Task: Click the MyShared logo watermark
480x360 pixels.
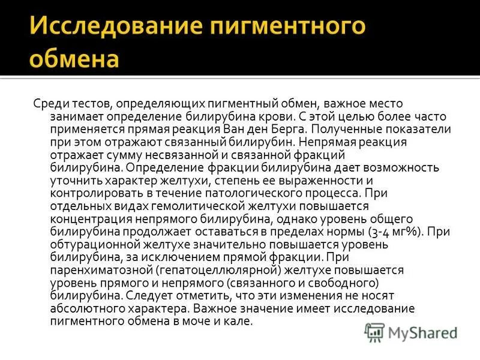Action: (x=410, y=331)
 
